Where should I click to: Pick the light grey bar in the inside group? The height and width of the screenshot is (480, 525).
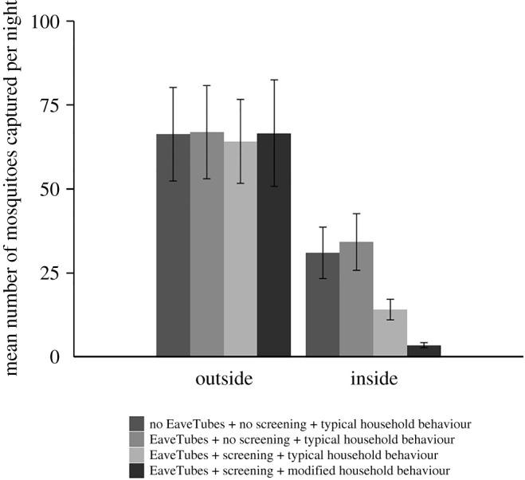coord(390,332)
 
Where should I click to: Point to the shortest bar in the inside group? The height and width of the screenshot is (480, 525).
coord(424,351)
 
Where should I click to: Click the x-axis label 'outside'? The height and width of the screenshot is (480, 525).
coord(224,379)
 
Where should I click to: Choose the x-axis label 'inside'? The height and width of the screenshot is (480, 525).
coord(374,379)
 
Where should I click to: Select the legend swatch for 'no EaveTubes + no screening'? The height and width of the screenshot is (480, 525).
coord(136,423)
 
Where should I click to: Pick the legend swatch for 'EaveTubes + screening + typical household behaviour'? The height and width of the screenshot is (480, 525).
coord(136,455)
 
